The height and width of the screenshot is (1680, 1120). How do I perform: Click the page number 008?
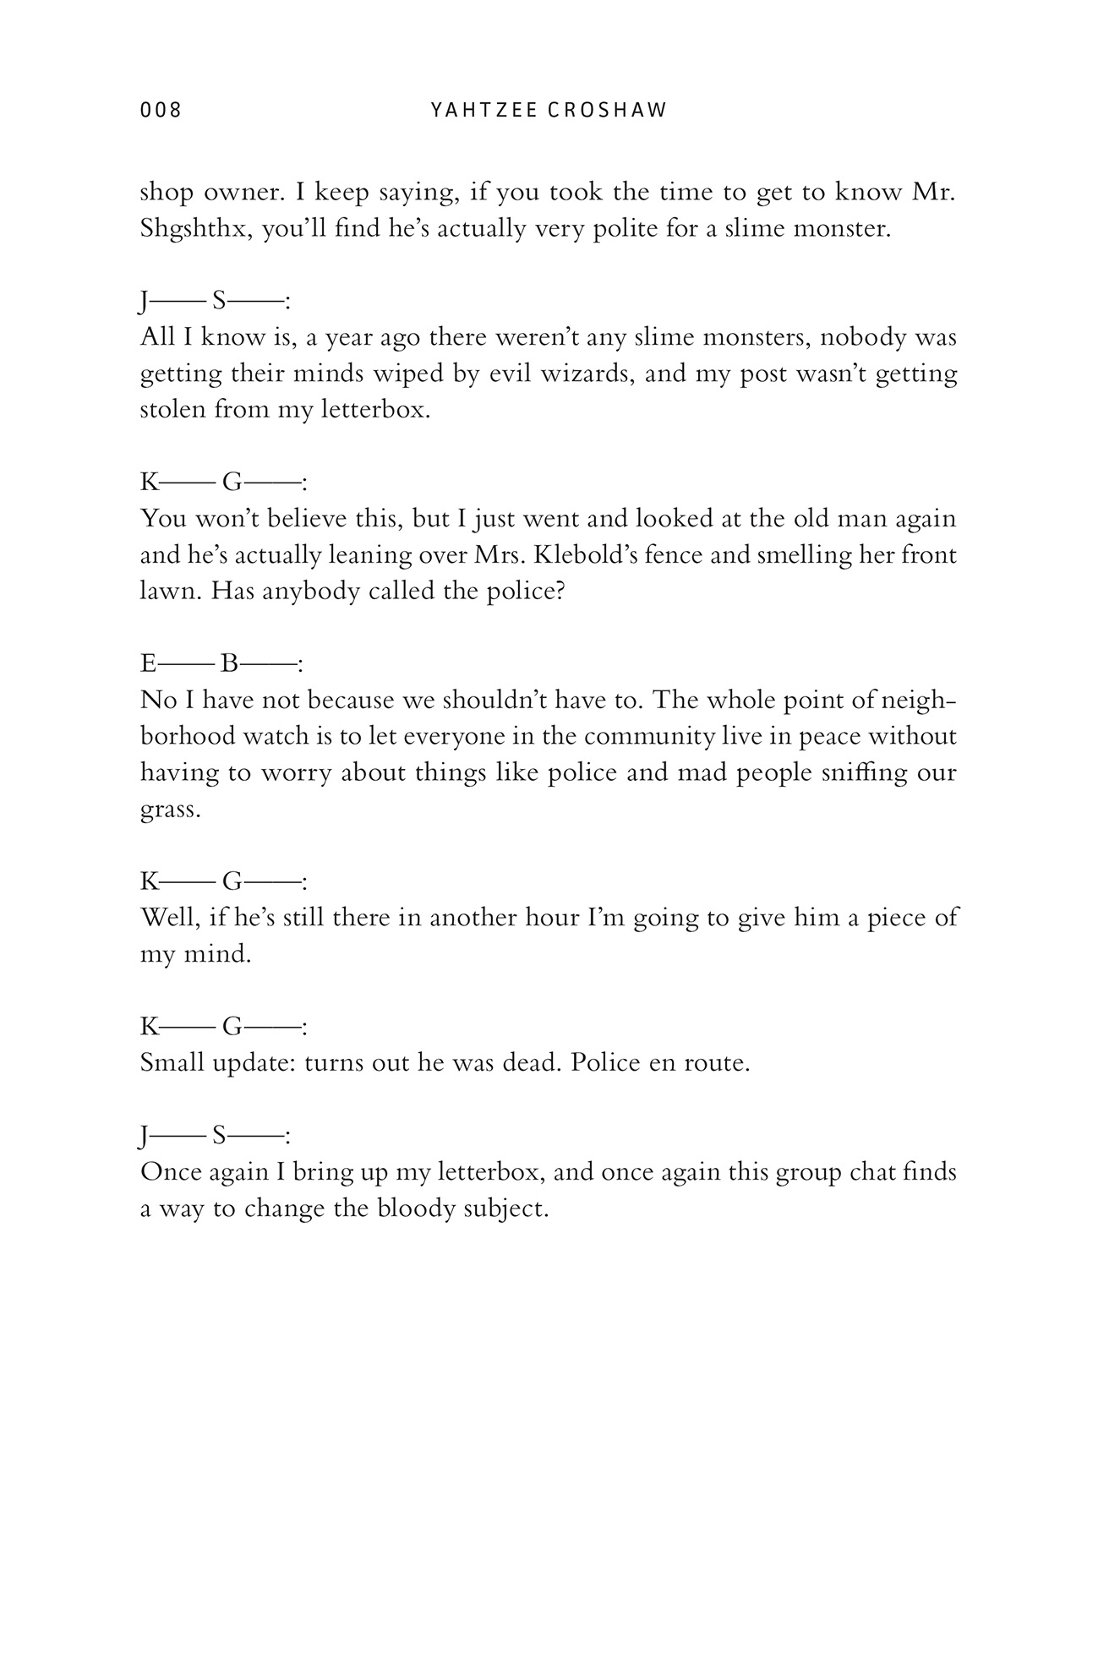(161, 110)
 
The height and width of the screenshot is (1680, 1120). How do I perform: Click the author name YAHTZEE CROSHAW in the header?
(549, 110)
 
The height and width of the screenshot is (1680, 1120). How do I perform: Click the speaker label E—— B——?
(221, 664)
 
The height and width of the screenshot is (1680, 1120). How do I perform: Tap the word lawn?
(171, 592)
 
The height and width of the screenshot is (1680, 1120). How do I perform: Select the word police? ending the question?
(526, 592)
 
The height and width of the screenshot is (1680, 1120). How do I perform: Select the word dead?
(532, 1062)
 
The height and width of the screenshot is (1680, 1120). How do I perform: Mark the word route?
(720, 1062)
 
